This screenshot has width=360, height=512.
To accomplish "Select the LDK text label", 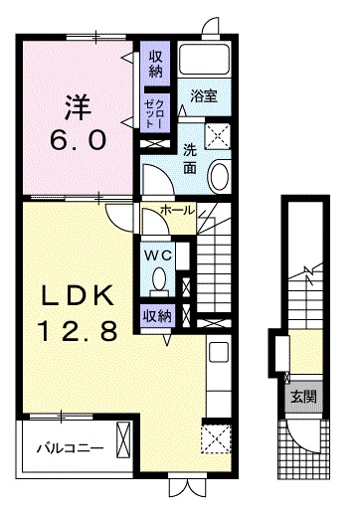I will click(72, 295).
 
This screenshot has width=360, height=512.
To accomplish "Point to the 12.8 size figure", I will click(72, 329).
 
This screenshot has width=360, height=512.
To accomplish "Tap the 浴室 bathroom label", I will click(206, 95).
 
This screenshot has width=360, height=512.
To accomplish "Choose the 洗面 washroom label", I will click(189, 157).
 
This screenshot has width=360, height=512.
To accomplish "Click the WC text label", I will click(159, 254).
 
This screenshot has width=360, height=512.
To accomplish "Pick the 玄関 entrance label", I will click(302, 396).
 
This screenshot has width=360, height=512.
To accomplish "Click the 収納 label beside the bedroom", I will click(156, 64).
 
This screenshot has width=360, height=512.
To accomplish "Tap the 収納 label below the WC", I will click(156, 317).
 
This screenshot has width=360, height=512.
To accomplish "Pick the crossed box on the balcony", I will click(123, 438).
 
